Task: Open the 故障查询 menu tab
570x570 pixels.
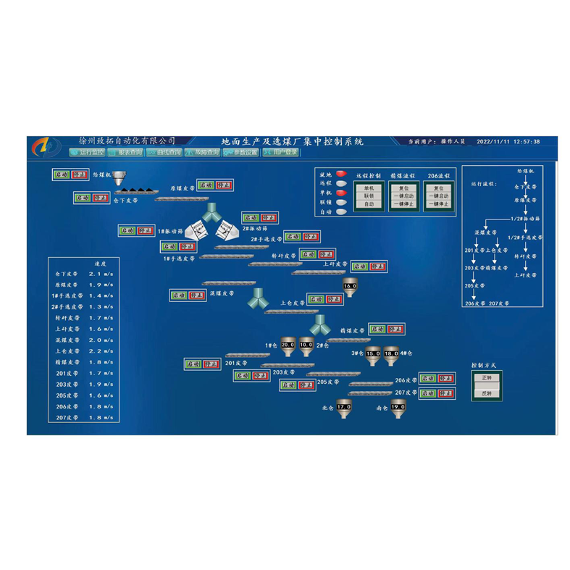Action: (x=203, y=153)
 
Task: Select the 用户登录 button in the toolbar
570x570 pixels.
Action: (x=280, y=153)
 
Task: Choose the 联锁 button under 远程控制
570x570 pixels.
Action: (x=369, y=196)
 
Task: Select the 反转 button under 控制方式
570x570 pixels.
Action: (x=486, y=393)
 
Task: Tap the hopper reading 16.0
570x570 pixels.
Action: (x=350, y=286)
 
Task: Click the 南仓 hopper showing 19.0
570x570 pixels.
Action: (x=398, y=408)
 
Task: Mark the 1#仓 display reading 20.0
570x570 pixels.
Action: (x=288, y=345)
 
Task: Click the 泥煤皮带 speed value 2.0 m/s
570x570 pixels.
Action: (x=100, y=340)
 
